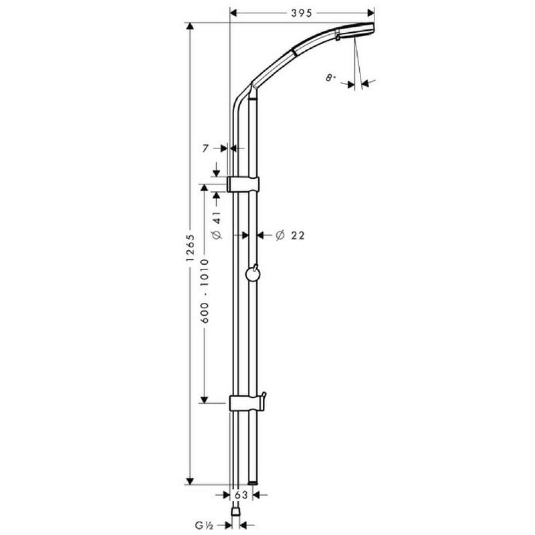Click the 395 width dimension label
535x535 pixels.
[302, 13]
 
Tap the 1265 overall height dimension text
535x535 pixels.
[190, 248]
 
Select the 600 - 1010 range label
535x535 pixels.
[205, 291]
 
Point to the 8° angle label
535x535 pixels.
[330, 78]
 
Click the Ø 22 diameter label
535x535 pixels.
[290, 235]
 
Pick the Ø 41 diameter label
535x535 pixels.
[217, 225]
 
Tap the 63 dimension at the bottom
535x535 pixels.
[241, 494]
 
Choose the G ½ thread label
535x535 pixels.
[205, 525]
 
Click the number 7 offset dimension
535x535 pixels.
[205, 148]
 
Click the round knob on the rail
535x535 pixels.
[253, 274]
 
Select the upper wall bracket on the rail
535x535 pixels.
[243, 185]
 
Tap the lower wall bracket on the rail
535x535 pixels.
[245, 403]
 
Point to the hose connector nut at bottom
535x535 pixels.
[235, 511]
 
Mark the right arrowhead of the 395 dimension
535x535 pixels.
[370, 13]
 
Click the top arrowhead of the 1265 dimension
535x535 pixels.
[190, 27]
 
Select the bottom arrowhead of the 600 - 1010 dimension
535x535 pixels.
[205, 399]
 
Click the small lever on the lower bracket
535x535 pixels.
[263, 399]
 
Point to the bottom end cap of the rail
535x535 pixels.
[253, 483]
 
